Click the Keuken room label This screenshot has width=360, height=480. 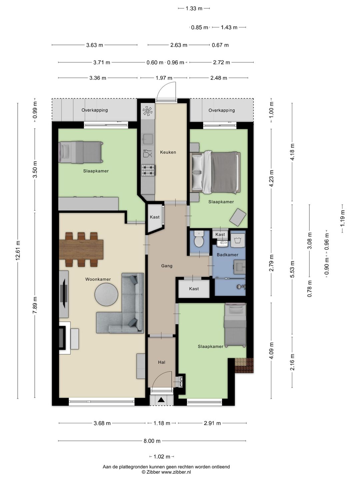point(168,152)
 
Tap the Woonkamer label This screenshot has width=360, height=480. point(98,279)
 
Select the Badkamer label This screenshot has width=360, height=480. point(227,255)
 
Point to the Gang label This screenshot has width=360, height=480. point(167,266)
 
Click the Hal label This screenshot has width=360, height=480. point(162,362)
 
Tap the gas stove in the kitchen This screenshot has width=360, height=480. point(148,170)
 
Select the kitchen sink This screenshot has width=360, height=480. point(148,139)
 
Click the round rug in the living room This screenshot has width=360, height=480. point(106,295)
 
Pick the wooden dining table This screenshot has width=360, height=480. point(81,250)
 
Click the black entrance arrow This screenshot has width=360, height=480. point(161,400)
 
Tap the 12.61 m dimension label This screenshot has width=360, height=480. point(18,250)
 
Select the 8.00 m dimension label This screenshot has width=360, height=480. point(152,441)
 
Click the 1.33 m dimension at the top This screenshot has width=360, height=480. point(194,9)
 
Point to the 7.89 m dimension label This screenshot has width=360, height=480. point(35,305)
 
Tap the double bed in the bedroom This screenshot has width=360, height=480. point(215,173)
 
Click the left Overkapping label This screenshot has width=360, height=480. point(95,110)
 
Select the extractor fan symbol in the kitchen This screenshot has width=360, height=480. point(148,111)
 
